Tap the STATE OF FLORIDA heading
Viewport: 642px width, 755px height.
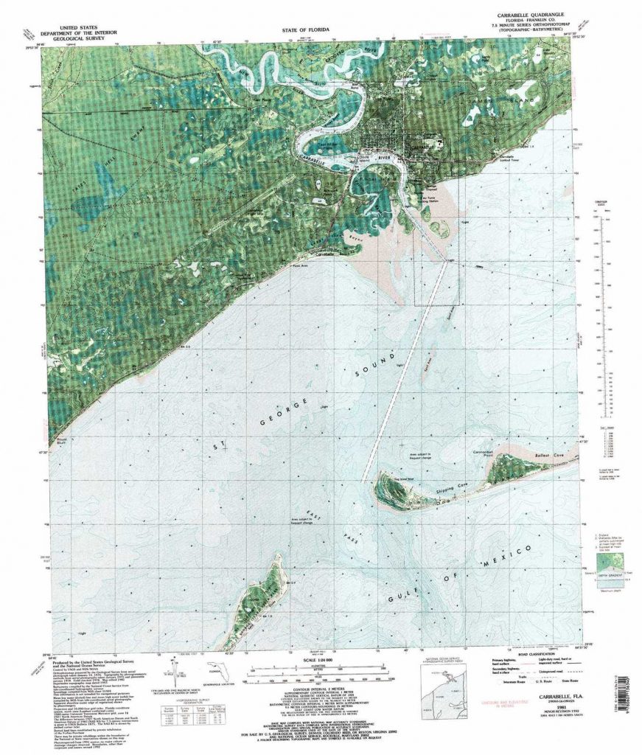tap(305, 31)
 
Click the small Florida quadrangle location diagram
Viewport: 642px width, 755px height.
tap(217, 672)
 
